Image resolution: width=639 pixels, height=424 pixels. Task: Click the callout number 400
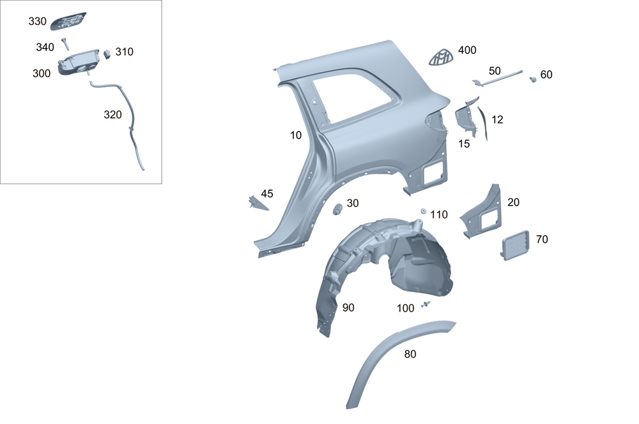coord(467,50)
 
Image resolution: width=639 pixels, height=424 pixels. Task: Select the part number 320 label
coord(112,115)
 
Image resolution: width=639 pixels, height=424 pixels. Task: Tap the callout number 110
coord(439,215)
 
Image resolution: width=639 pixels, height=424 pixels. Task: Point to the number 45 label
coord(267,193)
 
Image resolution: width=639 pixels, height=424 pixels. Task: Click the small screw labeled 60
coord(532,79)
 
